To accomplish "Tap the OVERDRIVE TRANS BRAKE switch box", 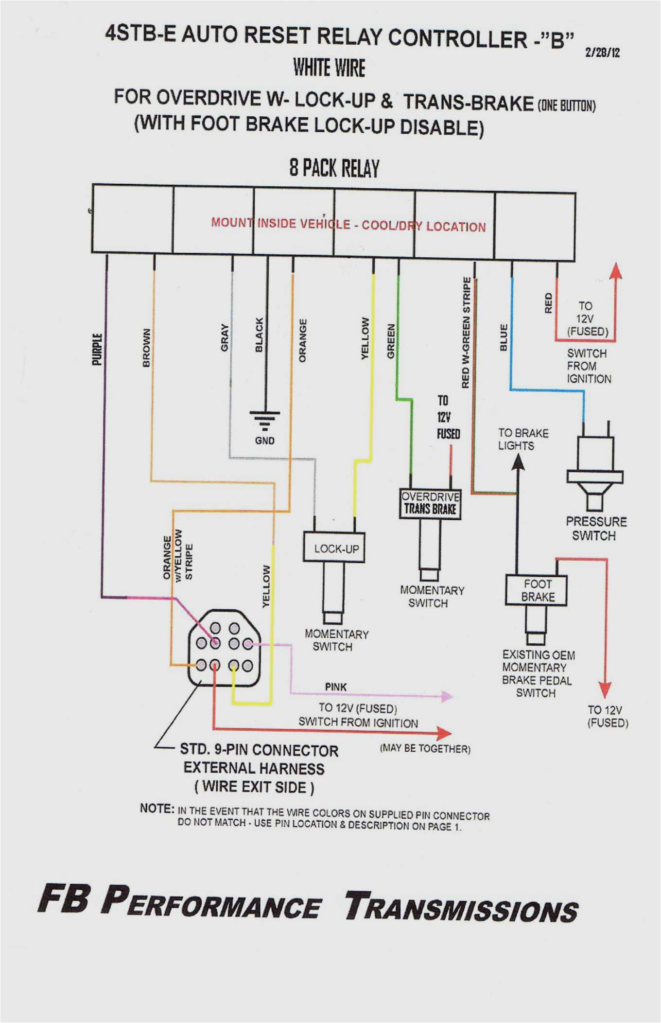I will [x=430, y=503].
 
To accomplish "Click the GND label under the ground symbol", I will [x=264, y=441].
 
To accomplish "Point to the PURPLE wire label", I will [x=97, y=349].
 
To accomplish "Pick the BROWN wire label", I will [x=146, y=348].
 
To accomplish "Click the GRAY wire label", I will [x=225, y=337].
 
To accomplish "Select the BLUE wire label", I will [x=504, y=337].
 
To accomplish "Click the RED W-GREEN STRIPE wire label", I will [x=466, y=333].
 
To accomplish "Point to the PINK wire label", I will [x=336, y=687].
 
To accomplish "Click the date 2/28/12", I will [x=602, y=53].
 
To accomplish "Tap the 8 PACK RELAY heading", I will [x=334, y=168].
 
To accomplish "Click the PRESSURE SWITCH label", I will [x=596, y=529].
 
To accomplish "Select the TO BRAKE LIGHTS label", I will [x=522, y=439].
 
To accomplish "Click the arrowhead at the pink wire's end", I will [x=447, y=696].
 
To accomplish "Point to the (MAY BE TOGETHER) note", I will [x=425, y=748].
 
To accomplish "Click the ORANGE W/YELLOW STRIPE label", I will [x=178, y=555].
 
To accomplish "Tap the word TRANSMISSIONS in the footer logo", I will [x=461, y=907].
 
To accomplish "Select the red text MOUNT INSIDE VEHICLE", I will [x=280, y=223].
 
